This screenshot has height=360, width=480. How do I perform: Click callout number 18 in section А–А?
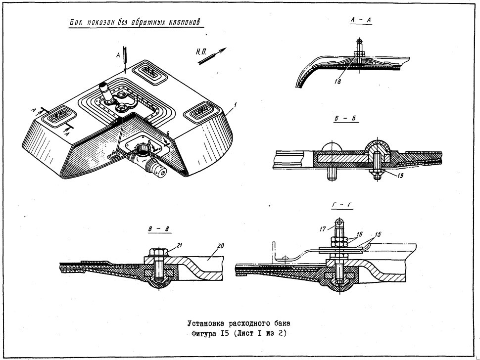pos(337,82)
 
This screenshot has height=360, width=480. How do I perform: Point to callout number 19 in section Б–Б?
pos(401,176)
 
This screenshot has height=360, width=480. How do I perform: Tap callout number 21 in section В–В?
pos(180,244)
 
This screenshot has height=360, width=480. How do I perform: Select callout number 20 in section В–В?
pos(220,246)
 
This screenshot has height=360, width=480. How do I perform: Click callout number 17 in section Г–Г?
pos(323,228)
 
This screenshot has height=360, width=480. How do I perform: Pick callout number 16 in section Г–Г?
pos(359,234)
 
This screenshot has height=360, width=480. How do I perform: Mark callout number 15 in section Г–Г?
pos(378,234)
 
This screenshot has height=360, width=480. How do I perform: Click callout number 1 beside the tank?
pos(235,105)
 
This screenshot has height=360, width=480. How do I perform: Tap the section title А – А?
pos(361,20)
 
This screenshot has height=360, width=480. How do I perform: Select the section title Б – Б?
pos(345,118)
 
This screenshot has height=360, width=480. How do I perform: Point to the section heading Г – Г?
pos(342,206)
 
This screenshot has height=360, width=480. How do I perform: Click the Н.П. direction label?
pos(201,52)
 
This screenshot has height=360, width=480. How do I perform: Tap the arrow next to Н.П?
pos(212,56)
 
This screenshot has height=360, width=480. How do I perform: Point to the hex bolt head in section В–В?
pos(158,252)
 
